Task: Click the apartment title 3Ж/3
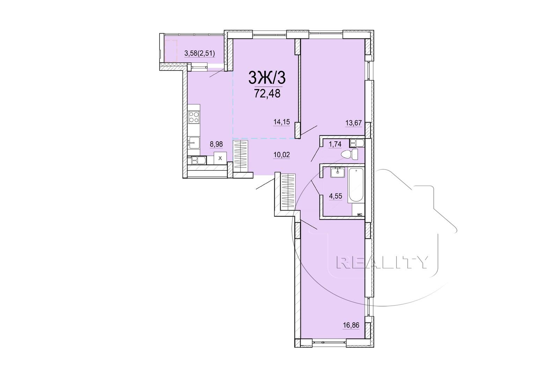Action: point(267,78)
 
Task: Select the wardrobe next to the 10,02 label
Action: point(241,156)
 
